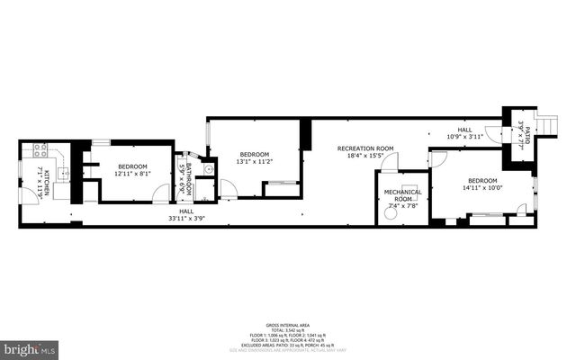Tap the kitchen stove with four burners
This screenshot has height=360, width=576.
click(40, 151)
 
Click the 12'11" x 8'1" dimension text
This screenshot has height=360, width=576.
click(132, 175)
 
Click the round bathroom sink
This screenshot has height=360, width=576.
click(207, 168)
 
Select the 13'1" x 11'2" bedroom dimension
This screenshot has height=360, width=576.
click(254, 162)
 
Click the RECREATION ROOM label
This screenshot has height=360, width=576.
click(365, 148)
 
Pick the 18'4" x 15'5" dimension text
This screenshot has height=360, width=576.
click(365, 156)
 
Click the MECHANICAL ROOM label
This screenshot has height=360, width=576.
click(402, 195)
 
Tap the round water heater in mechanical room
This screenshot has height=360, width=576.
click(389, 214)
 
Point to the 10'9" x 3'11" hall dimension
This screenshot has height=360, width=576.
click(464, 137)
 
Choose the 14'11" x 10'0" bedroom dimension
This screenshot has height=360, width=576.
click(481, 188)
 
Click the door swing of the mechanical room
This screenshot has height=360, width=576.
click(390, 162)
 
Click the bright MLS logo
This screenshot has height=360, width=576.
click(31, 346)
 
